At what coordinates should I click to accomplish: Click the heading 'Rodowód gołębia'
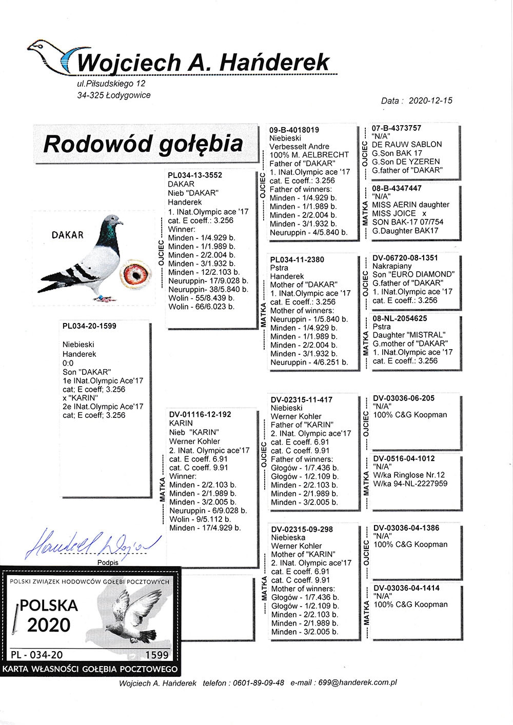[x=143, y=144]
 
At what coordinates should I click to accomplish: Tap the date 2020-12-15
[x=430, y=101]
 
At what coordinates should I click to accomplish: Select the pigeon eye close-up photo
[x=136, y=275]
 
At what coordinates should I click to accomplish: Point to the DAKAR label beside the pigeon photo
[x=67, y=235]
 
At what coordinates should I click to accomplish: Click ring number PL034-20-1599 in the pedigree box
[x=89, y=326]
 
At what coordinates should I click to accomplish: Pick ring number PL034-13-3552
[x=195, y=175]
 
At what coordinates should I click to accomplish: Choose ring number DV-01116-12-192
[x=200, y=414]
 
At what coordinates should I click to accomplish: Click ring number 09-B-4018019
[x=294, y=130]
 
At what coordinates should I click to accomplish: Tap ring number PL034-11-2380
[x=297, y=259]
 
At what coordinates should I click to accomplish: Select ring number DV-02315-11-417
[x=302, y=399]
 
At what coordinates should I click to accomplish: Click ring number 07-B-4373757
[x=397, y=128]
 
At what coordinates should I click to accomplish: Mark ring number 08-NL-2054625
[x=400, y=318]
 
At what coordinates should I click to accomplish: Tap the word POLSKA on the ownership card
[x=49, y=606]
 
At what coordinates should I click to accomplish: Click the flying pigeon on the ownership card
[x=131, y=615]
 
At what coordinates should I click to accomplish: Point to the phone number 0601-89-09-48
[x=258, y=683]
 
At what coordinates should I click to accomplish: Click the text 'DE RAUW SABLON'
[x=407, y=145]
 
